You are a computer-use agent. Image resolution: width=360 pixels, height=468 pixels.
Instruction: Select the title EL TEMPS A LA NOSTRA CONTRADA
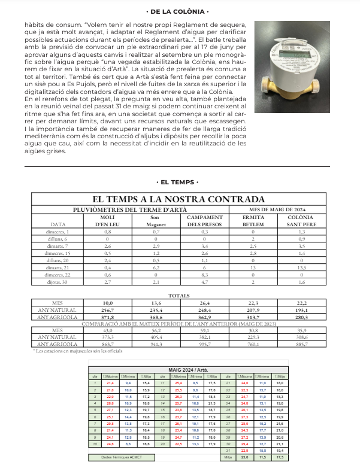[x=179, y=199]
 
